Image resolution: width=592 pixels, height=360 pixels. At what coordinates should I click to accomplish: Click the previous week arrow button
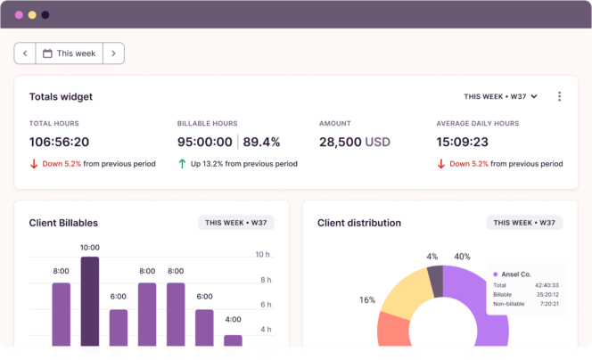pos(25,53)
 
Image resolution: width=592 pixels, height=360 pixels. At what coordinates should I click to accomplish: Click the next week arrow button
pos(113,53)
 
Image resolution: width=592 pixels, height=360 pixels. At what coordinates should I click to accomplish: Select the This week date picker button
pos(69,53)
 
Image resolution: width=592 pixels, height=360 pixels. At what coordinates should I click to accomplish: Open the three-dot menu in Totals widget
pos(559,96)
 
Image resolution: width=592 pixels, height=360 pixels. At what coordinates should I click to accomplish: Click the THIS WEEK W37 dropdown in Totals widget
pos(500,96)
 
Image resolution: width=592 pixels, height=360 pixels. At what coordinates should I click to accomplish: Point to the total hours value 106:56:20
pos(59,142)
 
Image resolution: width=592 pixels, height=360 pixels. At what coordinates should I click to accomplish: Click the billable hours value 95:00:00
pos(205,142)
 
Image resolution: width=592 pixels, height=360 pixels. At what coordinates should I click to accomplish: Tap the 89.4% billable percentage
pos(261,142)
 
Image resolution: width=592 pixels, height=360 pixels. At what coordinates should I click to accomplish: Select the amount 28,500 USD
pos(355,142)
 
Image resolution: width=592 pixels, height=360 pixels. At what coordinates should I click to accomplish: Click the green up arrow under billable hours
pos(182,164)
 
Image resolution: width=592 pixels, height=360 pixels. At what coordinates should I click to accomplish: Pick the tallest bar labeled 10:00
pos(89,303)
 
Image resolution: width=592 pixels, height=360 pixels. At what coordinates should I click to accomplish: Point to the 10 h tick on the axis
pos(263,255)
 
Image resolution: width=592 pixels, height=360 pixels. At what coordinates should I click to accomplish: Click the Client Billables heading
pos(63,223)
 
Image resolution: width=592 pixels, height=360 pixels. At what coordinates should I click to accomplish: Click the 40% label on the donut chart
pos(462,257)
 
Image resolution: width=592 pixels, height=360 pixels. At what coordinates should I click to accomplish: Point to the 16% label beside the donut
pos(367,300)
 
